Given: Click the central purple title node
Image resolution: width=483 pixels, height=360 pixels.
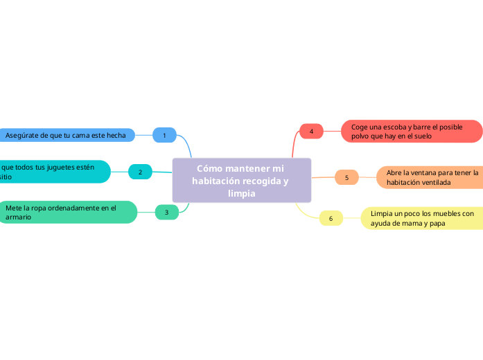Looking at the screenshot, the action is [x=241, y=181].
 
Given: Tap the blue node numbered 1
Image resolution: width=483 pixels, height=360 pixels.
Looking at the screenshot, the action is [x=164, y=135].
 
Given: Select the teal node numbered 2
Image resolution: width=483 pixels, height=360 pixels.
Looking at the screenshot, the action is [x=140, y=172].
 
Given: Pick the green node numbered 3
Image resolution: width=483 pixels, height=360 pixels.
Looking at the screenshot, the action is [x=166, y=212].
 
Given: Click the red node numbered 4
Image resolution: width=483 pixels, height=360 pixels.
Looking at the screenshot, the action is [x=311, y=131].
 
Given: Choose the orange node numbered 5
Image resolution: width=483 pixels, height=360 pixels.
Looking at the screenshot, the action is [x=346, y=177].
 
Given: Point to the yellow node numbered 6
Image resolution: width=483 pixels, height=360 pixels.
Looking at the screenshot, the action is [x=331, y=219].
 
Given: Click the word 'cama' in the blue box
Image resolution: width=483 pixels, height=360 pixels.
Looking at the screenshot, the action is [x=81, y=136].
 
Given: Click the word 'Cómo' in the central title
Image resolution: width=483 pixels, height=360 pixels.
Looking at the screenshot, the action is [x=209, y=168].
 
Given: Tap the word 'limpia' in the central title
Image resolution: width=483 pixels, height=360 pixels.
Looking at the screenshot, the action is [x=241, y=193].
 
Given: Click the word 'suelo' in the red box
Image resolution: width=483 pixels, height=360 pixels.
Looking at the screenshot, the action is [x=422, y=136].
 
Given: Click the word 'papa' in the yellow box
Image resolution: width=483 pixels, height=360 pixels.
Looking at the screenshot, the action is [x=437, y=224].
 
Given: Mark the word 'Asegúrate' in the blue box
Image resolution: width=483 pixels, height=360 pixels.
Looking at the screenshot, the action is [x=23, y=136].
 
